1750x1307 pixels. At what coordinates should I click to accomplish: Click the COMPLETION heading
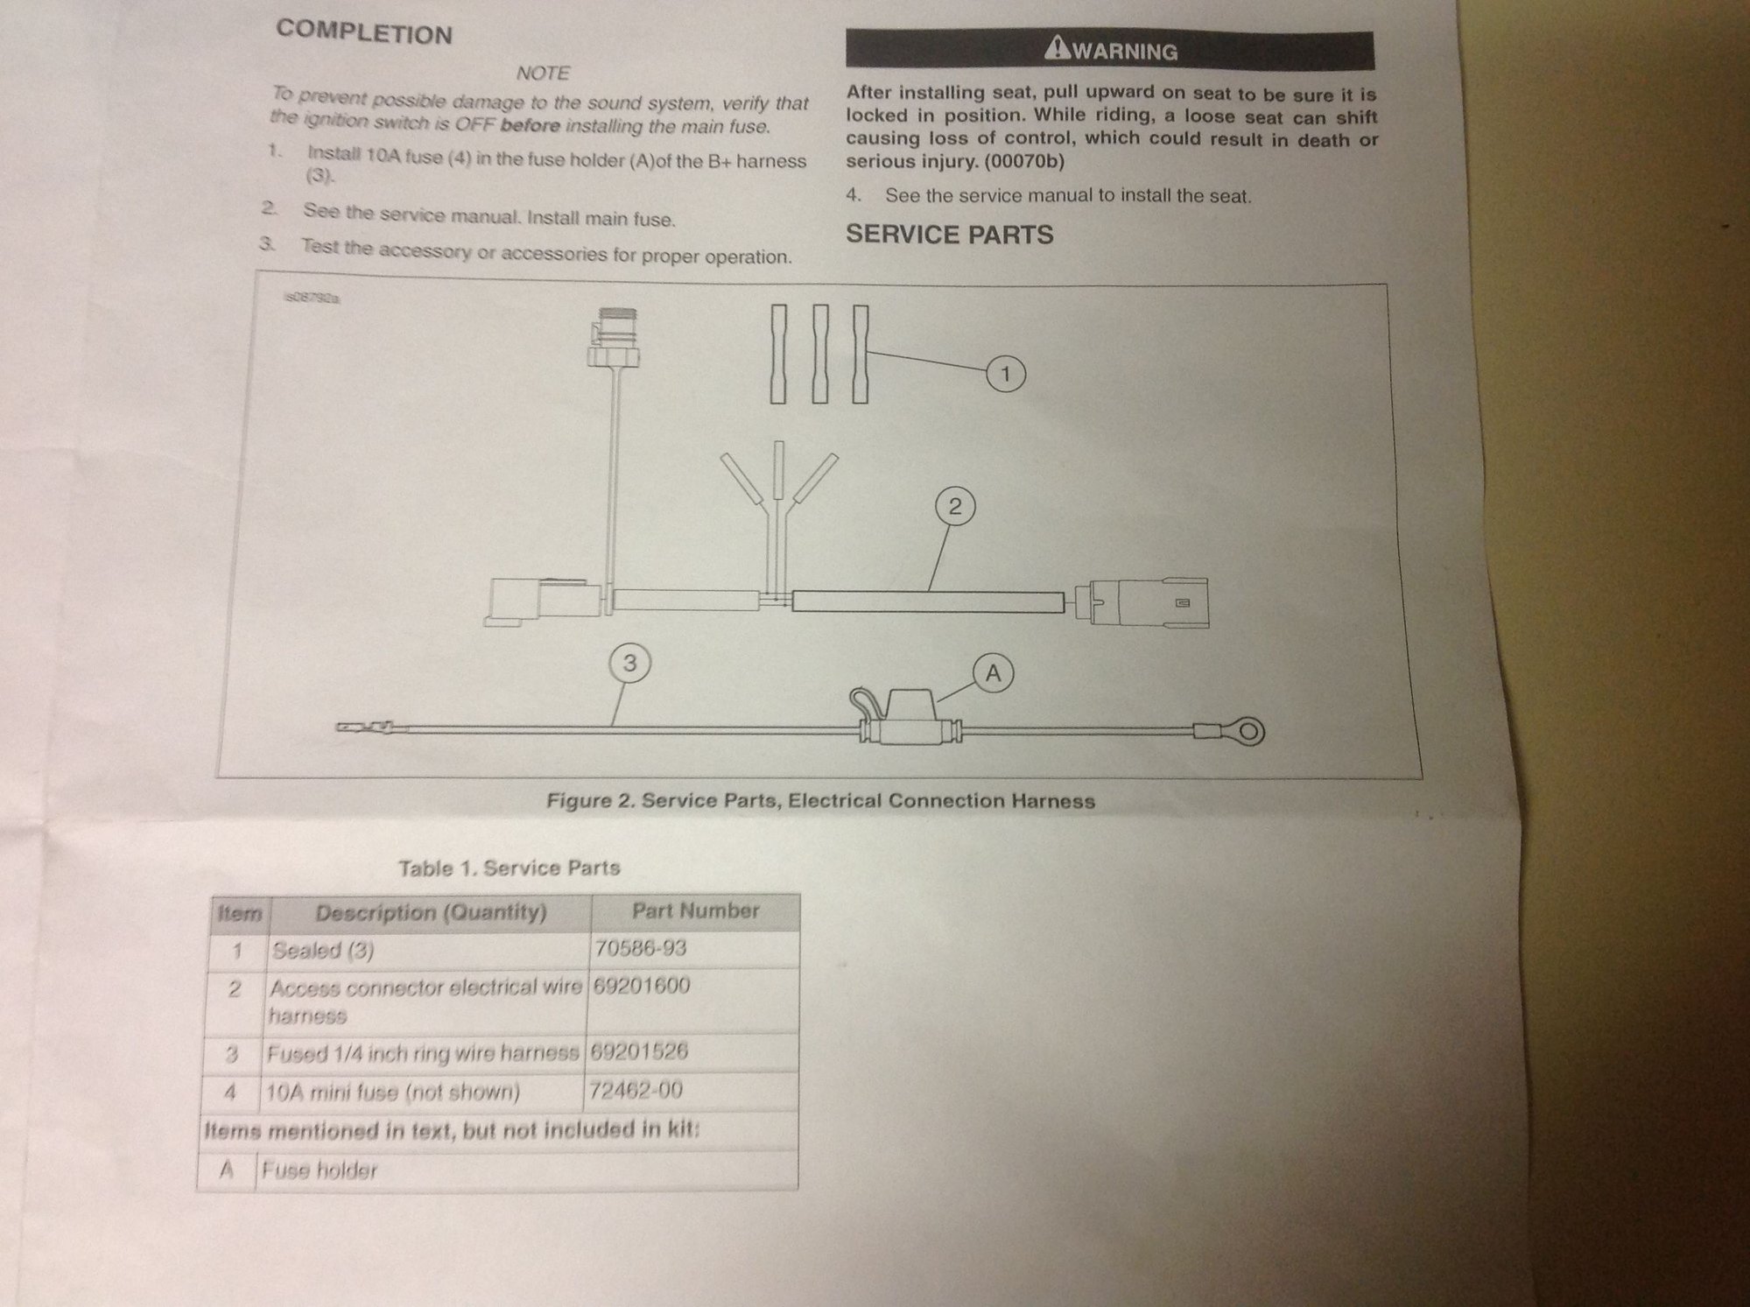tap(364, 33)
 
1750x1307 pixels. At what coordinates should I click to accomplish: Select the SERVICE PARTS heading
tap(949, 234)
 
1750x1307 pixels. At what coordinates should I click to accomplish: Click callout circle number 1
tap(1005, 375)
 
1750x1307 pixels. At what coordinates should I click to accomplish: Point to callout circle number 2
tap(954, 506)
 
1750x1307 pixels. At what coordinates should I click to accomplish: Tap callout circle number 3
tap(629, 664)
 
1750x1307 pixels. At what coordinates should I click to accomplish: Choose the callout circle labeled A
tap(993, 673)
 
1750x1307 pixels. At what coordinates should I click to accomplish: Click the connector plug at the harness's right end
tap(1147, 601)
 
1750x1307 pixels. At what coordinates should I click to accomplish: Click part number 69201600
tap(642, 987)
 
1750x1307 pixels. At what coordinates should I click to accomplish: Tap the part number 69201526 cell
tap(639, 1051)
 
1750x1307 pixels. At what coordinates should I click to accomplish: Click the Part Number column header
tap(695, 911)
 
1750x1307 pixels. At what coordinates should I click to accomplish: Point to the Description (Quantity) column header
tap(431, 913)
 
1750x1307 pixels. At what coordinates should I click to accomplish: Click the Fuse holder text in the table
tap(320, 1170)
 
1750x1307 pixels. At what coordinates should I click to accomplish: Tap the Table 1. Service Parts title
tap(509, 868)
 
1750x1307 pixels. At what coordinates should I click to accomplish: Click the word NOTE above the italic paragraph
tap(543, 74)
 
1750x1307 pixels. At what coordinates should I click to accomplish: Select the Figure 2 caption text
tap(820, 800)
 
